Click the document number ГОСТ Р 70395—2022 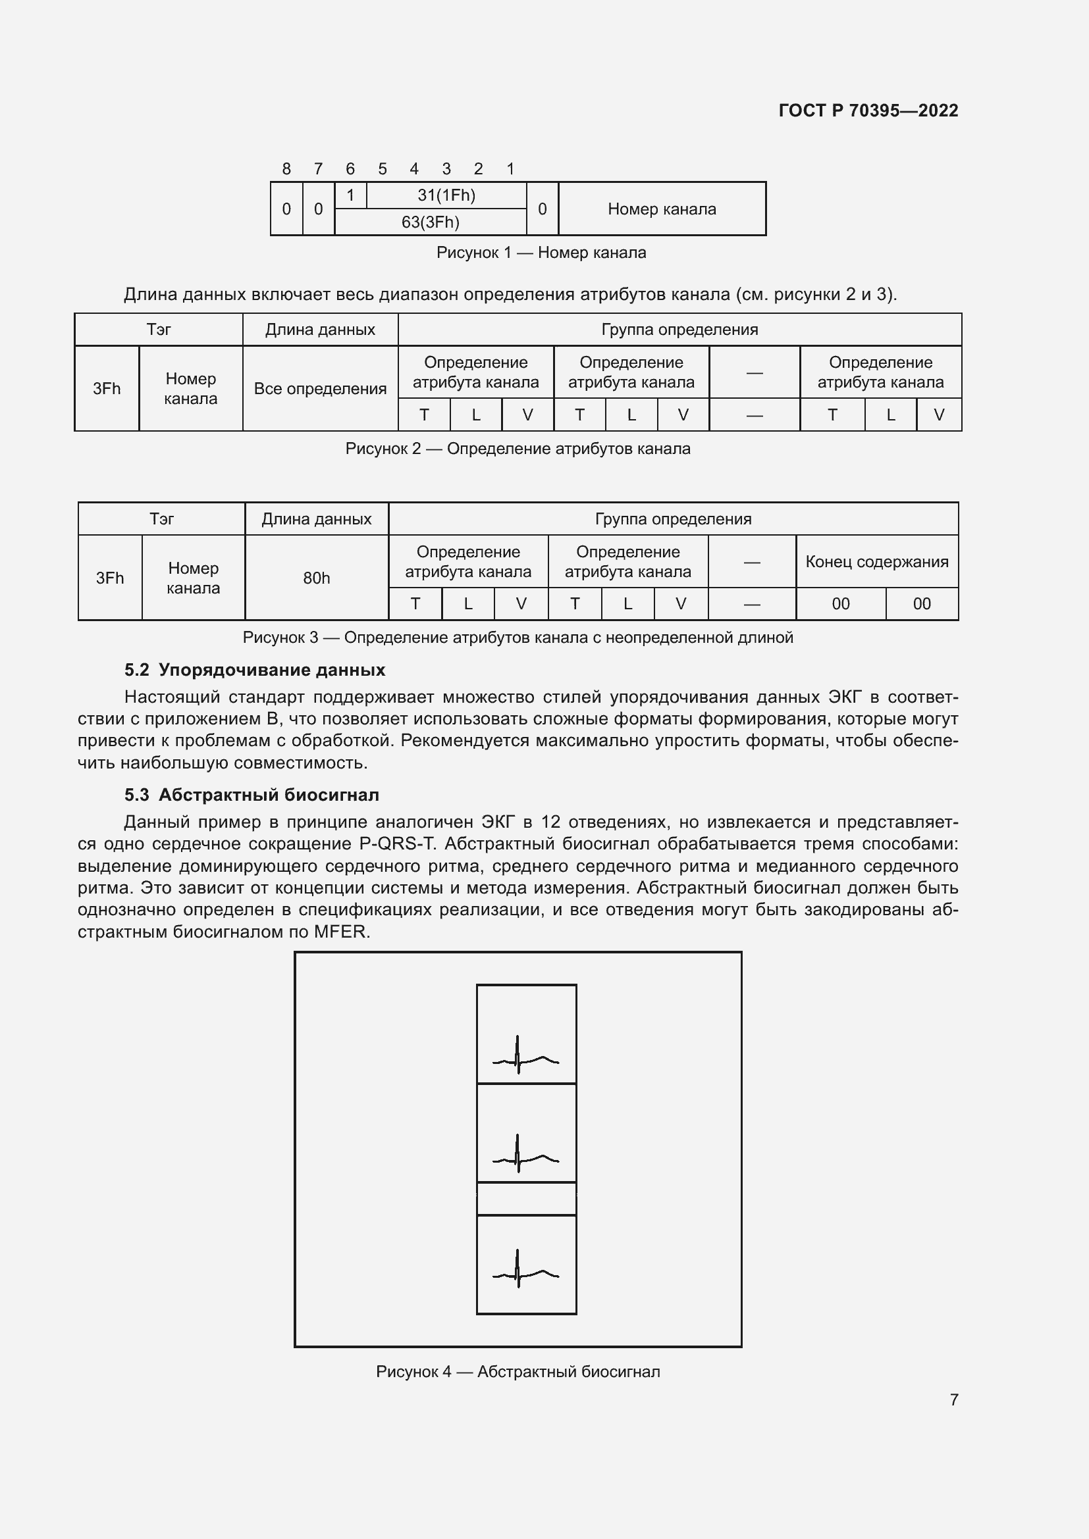pos(868,111)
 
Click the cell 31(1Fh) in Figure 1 pos(446,195)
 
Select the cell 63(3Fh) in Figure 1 pos(430,222)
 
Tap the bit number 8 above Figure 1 pos(286,169)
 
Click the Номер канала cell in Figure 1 pos(661,209)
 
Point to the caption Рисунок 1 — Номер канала pos(541,253)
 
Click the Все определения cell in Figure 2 pos(320,389)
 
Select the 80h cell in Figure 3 pos(316,578)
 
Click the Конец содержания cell pos(876,562)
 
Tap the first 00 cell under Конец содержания pos(840,604)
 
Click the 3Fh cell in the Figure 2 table pos(107,389)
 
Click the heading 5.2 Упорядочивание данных pos(255,670)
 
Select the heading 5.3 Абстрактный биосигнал pos(252,795)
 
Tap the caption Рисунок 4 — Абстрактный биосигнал pos(518,1371)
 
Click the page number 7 pos(953,1400)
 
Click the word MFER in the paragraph pos(341,932)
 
